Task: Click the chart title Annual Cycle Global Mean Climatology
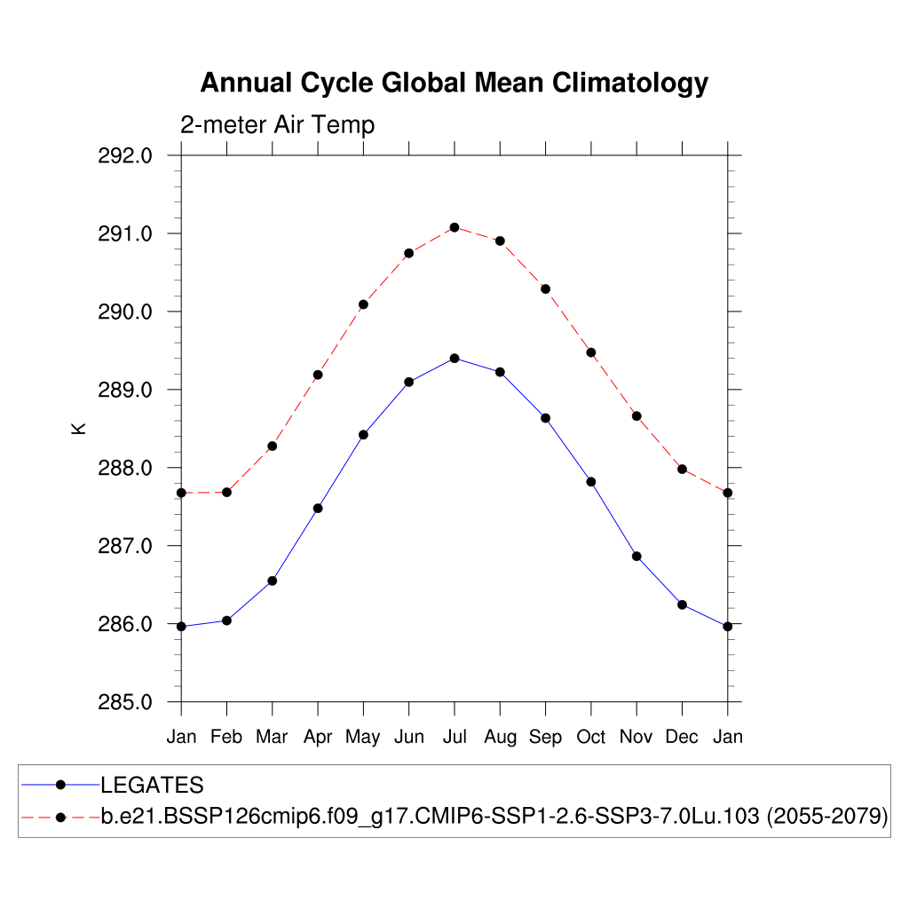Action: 454,83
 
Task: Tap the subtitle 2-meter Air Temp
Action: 277,125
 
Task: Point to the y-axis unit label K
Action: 79,428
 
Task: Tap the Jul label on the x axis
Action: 454,737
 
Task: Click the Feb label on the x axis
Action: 227,737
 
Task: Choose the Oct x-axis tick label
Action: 591,737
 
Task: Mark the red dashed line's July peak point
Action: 454,227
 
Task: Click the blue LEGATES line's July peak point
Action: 454,358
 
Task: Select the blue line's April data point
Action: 318,508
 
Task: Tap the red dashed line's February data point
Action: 227,492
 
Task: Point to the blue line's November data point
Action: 636,556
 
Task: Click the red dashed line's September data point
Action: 545,289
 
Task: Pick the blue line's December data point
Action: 682,605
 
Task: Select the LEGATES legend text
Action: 152,785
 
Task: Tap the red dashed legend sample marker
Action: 60,817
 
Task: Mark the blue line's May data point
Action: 363,434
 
